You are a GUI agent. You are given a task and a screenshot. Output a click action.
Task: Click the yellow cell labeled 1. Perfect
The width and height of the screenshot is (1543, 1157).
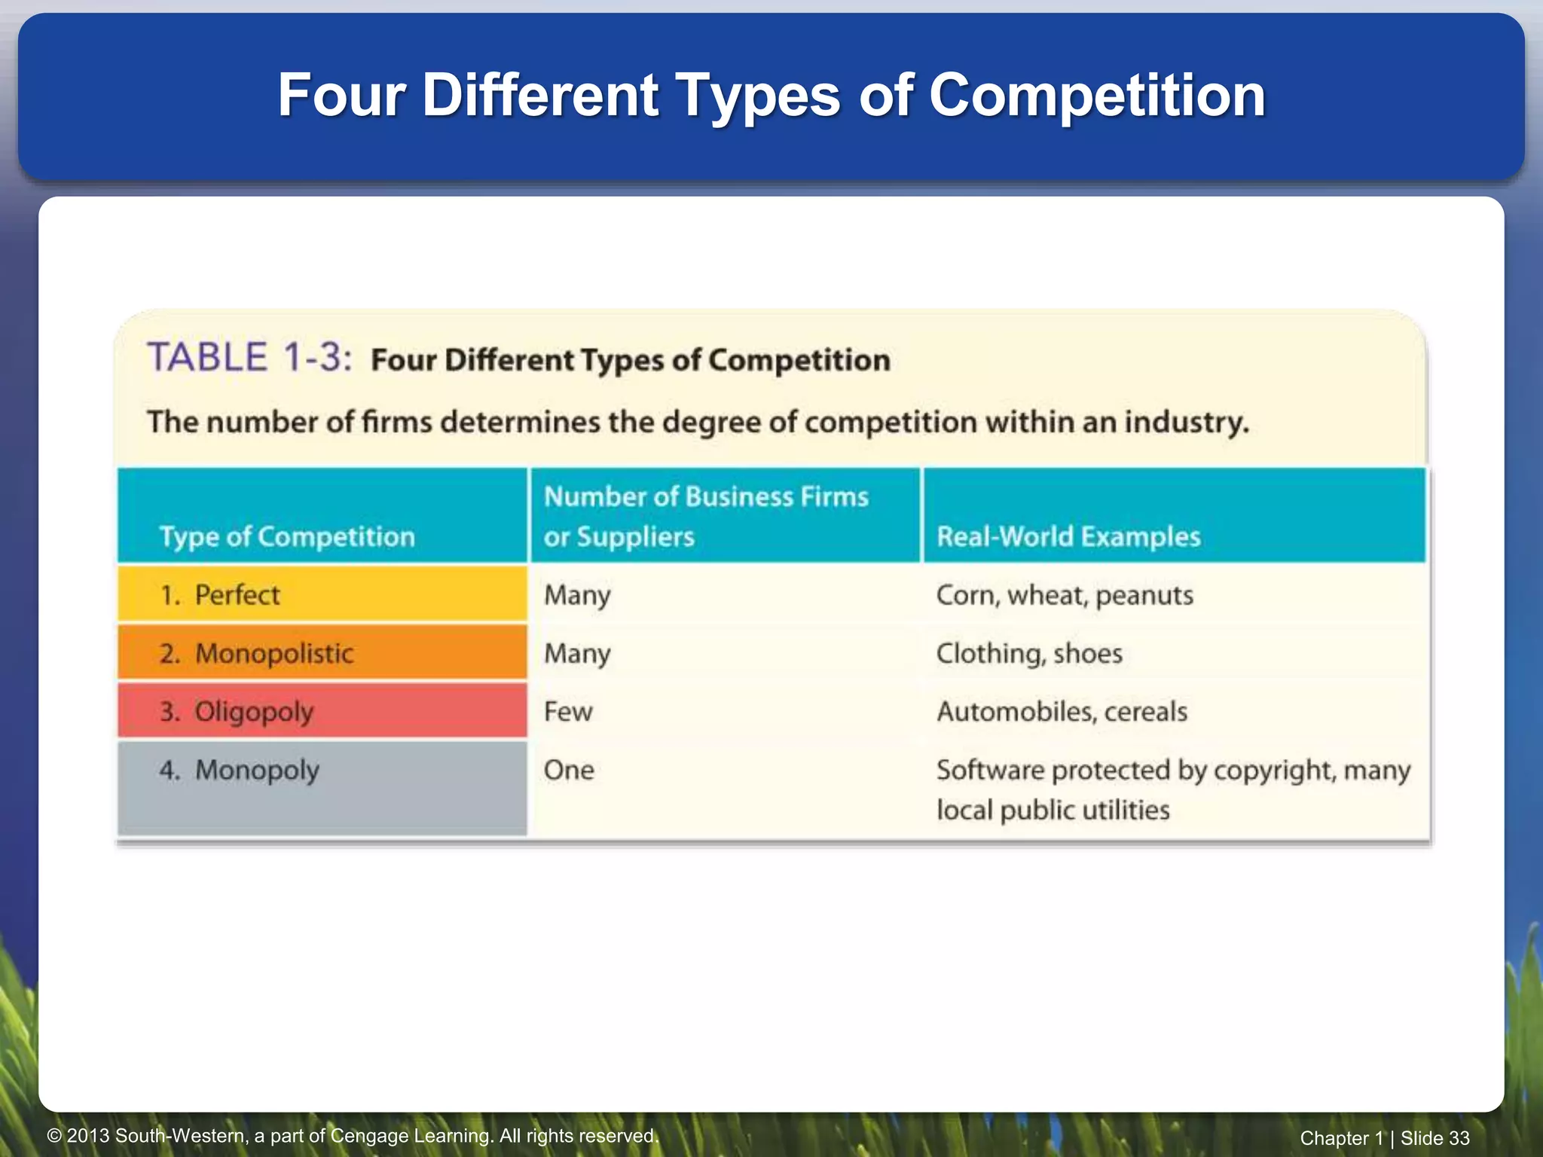pyautogui.click(x=321, y=595)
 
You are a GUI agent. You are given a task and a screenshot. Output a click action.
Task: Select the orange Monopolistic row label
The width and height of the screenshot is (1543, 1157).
pyautogui.click(x=321, y=653)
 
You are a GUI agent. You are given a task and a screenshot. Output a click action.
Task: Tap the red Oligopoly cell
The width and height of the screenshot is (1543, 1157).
pyautogui.click(x=321, y=711)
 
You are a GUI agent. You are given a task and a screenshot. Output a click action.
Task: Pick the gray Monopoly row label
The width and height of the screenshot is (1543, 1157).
pyautogui.click(x=321, y=787)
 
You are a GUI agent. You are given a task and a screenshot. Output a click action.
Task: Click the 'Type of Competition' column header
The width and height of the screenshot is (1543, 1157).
pyautogui.click(x=287, y=536)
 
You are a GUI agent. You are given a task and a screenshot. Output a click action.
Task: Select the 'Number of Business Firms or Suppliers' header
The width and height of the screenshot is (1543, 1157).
pyautogui.click(x=706, y=516)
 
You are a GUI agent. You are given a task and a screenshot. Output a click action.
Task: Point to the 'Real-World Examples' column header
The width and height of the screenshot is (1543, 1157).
pyautogui.click(x=1068, y=536)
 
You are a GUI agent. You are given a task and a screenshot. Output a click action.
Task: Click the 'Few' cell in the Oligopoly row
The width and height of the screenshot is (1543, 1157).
pyautogui.click(x=568, y=711)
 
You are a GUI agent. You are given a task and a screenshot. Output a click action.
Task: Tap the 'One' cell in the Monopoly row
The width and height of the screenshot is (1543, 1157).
pyautogui.click(x=569, y=770)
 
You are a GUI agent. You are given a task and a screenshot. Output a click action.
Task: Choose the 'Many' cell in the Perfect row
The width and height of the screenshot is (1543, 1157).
pyautogui.click(x=577, y=595)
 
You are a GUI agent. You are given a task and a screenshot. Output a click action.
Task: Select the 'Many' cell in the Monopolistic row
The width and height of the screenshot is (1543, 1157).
pyautogui.click(x=577, y=653)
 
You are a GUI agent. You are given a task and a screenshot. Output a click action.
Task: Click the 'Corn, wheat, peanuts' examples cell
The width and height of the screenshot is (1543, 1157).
pyautogui.click(x=1064, y=595)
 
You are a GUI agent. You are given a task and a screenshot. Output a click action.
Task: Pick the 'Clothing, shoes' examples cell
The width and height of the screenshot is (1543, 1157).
pyautogui.click(x=1028, y=653)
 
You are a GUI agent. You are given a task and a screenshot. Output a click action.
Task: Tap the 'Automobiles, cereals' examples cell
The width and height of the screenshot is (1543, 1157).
pyautogui.click(x=1062, y=711)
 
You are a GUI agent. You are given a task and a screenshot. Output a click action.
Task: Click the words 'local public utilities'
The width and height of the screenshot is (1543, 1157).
pyautogui.click(x=1053, y=810)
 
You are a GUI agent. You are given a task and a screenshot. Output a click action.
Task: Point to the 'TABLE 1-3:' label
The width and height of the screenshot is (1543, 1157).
pyautogui.click(x=249, y=357)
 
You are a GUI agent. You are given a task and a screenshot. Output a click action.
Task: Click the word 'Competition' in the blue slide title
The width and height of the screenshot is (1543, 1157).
pyautogui.click(x=1096, y=96)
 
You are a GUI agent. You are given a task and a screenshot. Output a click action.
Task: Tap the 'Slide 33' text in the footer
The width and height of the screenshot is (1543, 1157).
pyautogui.click(x=1435, y=1138)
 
